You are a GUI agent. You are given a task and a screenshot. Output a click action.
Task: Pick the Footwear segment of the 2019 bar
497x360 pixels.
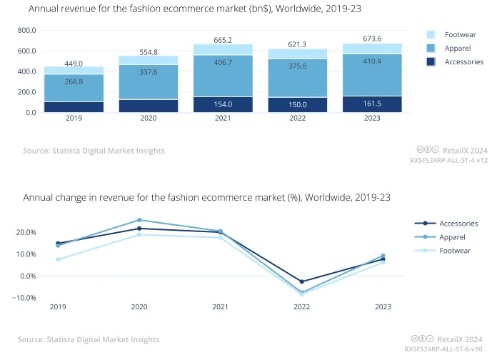(x=74, y=70)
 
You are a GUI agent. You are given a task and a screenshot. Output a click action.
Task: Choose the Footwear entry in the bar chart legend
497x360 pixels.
(x=460, y=34)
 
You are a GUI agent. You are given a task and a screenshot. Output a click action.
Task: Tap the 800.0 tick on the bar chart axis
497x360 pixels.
(x=26, y=31)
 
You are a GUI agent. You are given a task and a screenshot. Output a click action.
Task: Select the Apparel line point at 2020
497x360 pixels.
(x=139, y=220)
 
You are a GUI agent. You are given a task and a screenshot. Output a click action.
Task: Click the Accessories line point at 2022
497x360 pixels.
(x=302, y=282)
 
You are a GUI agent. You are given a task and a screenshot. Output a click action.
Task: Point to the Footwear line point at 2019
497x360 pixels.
(x=58, y=259)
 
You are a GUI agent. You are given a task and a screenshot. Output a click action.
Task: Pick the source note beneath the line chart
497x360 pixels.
(x=89, y=339)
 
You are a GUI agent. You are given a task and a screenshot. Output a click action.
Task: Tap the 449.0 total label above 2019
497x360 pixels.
(x=74, y=64)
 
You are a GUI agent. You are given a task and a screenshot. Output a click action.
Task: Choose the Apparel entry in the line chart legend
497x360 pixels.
(x=452, y=236)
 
